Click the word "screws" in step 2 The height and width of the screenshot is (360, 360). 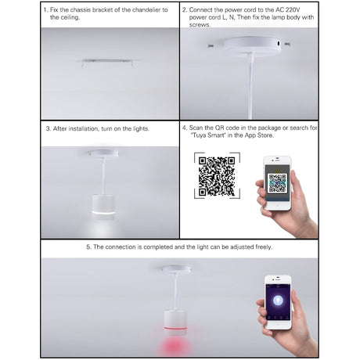coord(199,25)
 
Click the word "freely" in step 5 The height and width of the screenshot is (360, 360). coord(263,247)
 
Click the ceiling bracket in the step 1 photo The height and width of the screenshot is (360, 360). coord(107,63)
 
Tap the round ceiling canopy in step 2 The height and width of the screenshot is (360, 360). coord(251,46)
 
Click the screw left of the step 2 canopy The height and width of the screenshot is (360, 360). coord(211,46)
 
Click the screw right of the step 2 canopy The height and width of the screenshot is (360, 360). coord(287,44)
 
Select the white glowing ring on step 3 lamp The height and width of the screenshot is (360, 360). coord(103,213)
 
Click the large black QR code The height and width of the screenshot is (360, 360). coord(217,176)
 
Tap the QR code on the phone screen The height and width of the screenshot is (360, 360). coord(277,182)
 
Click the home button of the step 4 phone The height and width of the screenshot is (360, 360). coord(278,205)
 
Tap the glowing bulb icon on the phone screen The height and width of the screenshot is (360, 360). coord(278,301)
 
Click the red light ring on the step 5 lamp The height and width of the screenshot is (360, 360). coord(175,327)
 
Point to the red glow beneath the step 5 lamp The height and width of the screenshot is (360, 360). coord(175,346)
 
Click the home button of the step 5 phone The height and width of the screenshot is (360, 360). coord(278,325)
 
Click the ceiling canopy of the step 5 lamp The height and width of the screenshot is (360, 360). coord(176,268)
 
